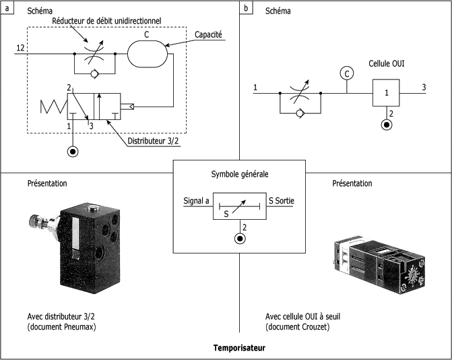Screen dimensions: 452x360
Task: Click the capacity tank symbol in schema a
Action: (148, 54)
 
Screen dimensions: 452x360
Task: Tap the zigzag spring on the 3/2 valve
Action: (54, 107)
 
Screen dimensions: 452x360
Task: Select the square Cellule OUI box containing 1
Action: (386, 92)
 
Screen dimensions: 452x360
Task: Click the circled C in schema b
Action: (347, 73)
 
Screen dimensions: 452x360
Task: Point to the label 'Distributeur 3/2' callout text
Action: (152, 141)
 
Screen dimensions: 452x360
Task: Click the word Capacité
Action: (208, 34)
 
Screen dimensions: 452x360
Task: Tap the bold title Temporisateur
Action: (239, 348)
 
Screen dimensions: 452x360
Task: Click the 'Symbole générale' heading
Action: (240, 174)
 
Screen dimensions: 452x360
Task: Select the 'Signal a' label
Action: (196, 201)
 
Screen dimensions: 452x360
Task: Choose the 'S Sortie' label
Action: (282, 200)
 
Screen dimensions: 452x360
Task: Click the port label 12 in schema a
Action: (20, 48)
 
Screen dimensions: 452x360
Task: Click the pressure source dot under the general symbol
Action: (240, 239)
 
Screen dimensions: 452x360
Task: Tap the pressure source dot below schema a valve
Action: (73, 152)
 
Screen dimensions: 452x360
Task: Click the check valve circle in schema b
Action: (300, 113)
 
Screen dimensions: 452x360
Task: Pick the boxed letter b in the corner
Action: (246, 8)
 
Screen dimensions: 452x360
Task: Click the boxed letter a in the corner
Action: (7, 8)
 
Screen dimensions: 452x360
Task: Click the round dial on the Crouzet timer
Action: (412, 276)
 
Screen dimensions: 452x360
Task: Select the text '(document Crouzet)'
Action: (297, 327)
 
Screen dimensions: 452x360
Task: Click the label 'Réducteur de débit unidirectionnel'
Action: (106, 21)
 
